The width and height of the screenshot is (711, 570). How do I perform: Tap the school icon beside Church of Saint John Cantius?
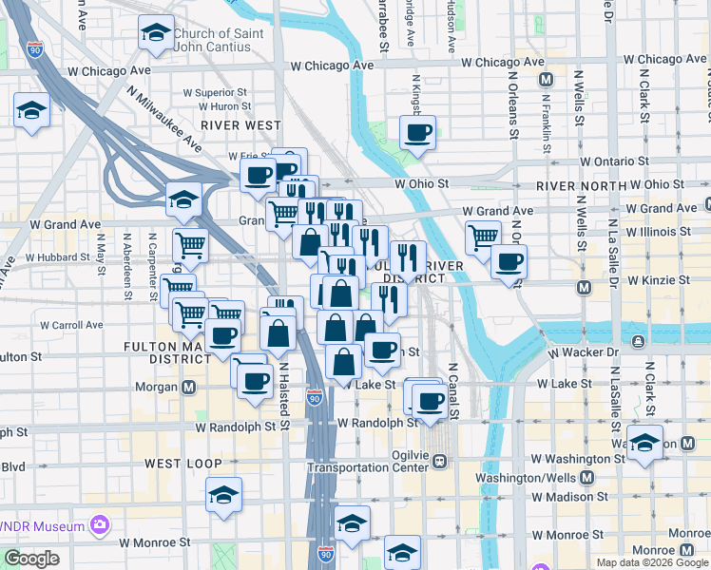coord(155,33)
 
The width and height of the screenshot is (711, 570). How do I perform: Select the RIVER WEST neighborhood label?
coord(240,125)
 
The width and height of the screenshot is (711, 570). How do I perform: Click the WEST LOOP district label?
coord(183,464)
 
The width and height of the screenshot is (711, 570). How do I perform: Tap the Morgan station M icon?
coord(189,388)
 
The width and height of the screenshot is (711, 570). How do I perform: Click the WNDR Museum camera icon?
coord(98,524)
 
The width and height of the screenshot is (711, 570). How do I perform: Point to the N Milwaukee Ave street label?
coord(163,118)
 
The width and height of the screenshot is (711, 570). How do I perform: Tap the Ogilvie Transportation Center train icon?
coord(440,462)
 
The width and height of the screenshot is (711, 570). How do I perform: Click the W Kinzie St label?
coord(651,280)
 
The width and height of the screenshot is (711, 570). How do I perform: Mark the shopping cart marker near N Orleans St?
coord(484,235)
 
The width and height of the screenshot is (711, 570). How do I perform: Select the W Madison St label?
coord(569,496)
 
